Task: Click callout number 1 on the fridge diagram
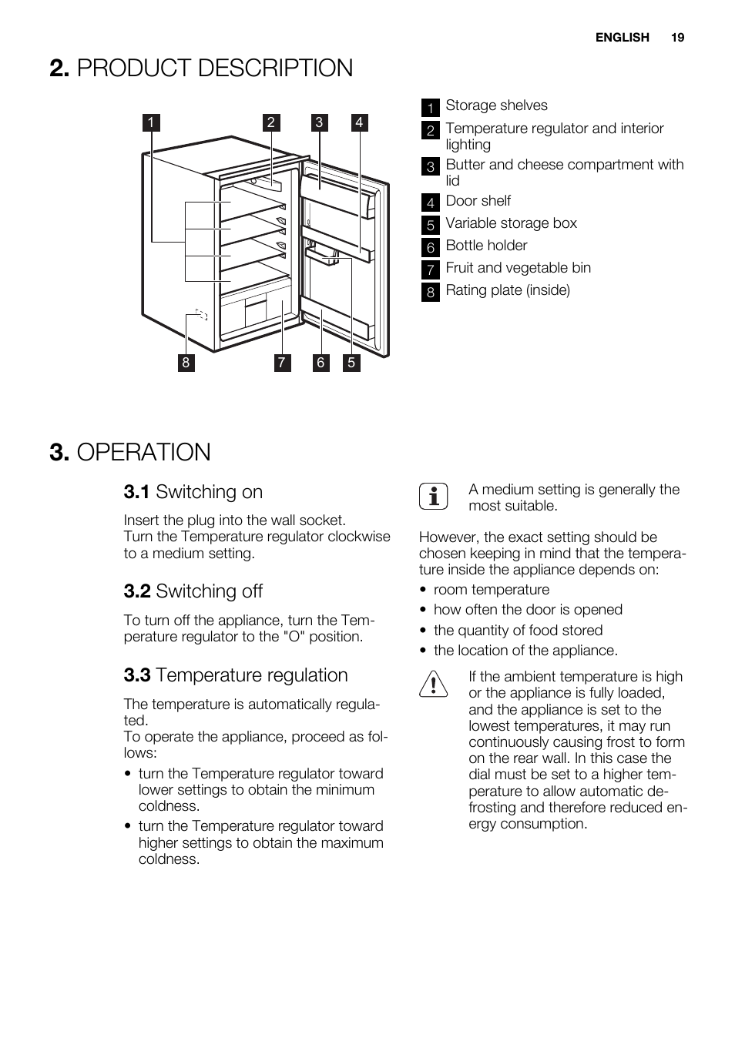coord(151,122)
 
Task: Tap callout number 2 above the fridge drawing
coord(270,122)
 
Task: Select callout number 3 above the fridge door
coord(319,122)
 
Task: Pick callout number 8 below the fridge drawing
coord(186,363)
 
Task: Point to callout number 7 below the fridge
coord(282,363)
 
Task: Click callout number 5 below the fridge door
coord(351,363)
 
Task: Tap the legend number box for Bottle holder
coord(431,247)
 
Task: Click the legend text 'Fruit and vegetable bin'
coord(518,268)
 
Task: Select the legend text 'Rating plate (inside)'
coord(508,290)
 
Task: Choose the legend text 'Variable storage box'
coord(511,223)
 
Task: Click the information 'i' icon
coord(434,497)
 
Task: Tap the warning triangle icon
coord(434,684)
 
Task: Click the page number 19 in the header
coord(677,37)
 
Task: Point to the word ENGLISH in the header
coord(622,37)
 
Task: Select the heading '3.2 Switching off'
coord(193,591)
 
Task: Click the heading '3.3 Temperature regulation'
coord(236,675)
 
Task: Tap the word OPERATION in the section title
coord(144,452)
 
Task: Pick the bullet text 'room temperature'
coord(492,590)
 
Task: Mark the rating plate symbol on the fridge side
coord(202,314)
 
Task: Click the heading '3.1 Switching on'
coord(193,492)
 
